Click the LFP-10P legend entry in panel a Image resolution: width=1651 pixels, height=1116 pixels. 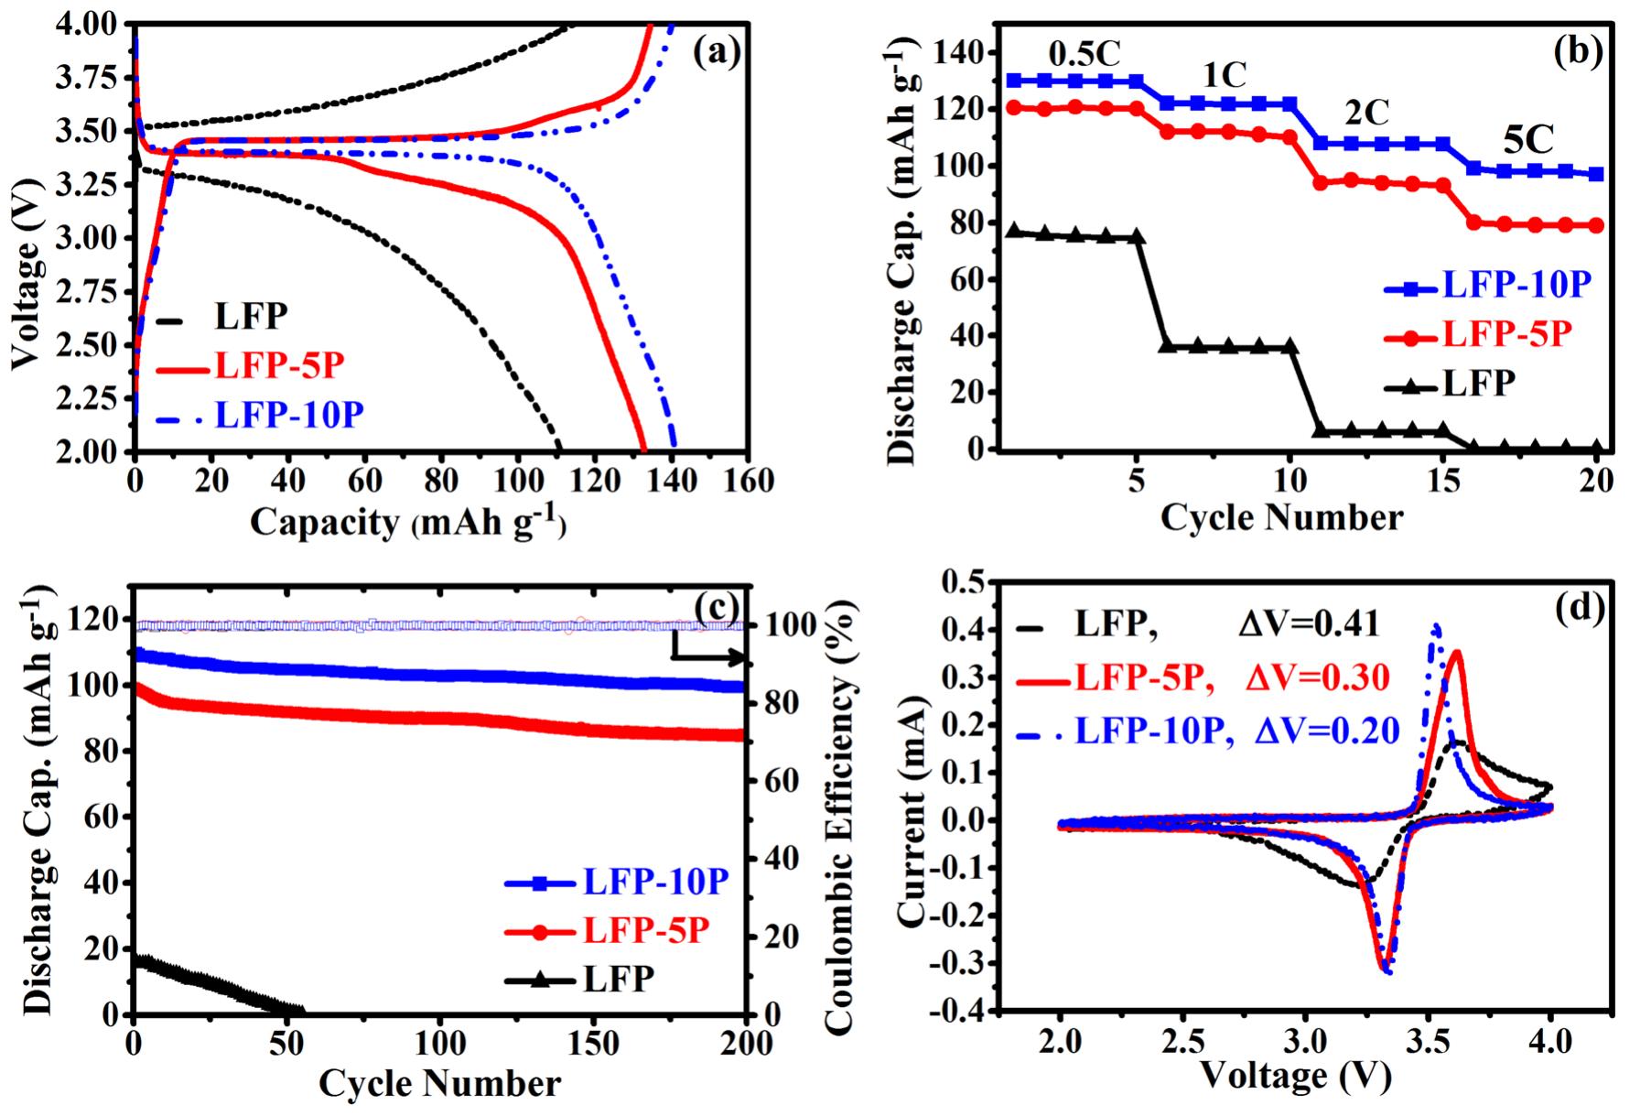click(288, 415)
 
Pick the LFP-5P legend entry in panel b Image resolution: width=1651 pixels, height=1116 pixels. click(1505, 335)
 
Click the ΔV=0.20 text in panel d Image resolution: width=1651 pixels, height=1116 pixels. click(1326, 731)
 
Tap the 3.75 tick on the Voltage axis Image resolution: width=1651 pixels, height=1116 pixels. click(92, 79)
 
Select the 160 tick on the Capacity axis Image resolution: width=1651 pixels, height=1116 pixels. click(747, 481)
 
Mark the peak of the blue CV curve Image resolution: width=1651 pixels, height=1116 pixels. click(1436, 626)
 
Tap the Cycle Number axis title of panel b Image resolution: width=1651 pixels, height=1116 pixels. click(1281, 518)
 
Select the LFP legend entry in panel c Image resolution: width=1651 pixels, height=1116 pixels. click(618, 980)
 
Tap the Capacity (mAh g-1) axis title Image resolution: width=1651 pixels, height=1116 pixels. click(408, 522)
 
